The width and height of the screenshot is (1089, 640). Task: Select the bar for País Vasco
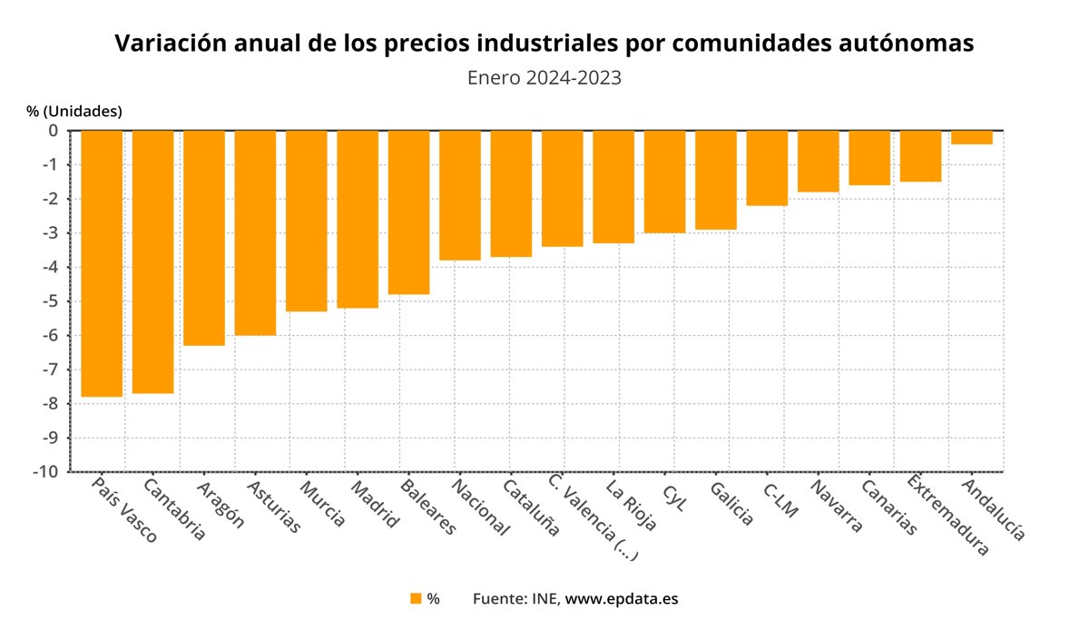tap(102, 263)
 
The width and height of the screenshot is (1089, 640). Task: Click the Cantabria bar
tap(152, 261)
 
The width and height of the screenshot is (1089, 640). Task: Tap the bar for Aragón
tap(204, 238)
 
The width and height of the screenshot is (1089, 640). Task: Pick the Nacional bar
tap(459, 195)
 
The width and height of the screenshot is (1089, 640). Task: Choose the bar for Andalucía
tap(971, 137)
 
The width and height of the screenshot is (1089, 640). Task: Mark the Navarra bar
tap(818, 161)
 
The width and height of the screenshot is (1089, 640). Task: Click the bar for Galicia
tap(715, 180)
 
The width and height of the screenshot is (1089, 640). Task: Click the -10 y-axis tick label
tap(47, 472)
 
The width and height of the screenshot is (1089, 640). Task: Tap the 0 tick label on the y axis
tap(54, 131)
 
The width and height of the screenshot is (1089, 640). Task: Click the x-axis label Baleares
tap(426, 507)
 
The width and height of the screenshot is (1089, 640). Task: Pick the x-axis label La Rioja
tap(630, 504)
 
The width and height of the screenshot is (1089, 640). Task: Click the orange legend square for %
tap(416, 598)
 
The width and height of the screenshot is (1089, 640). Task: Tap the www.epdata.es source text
tap(622, 598)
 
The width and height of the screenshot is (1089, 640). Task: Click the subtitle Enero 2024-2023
tap(544, 77)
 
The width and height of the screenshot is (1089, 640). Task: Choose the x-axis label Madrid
tap(374, 505)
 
